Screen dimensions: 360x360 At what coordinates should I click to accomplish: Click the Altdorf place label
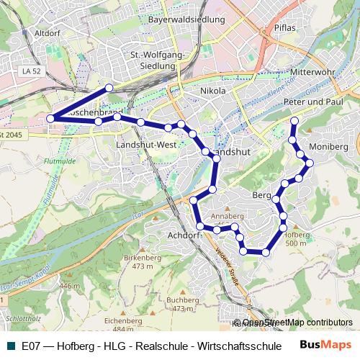[45, 32]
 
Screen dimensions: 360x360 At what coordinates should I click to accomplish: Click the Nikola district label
[213, 91]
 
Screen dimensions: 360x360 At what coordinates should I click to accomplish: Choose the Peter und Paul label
[312, 103]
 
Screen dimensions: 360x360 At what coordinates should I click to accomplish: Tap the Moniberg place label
[328, 147]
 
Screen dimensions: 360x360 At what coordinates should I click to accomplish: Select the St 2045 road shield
[12, 135]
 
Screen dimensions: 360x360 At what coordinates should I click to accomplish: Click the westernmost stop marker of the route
[50, 118]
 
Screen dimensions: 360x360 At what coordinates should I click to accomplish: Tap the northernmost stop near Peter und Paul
[294, 120]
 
